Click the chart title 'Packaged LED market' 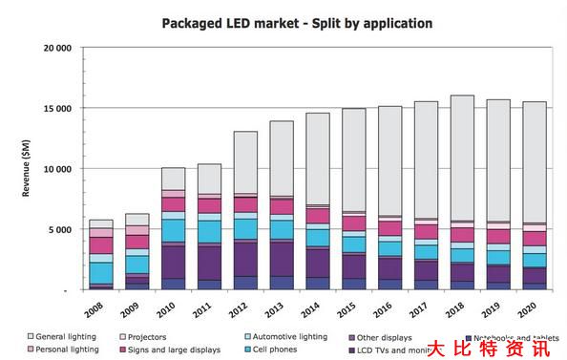tap(283, 21)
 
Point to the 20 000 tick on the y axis tap(56, 48)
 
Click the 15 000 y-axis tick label tap(56, 108)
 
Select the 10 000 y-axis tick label tap(56, 169)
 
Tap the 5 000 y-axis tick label tap(61, 229)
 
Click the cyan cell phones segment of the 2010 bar tap(174, 230)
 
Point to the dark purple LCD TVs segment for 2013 tap(282, 258)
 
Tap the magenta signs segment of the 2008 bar tap(101, 245)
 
